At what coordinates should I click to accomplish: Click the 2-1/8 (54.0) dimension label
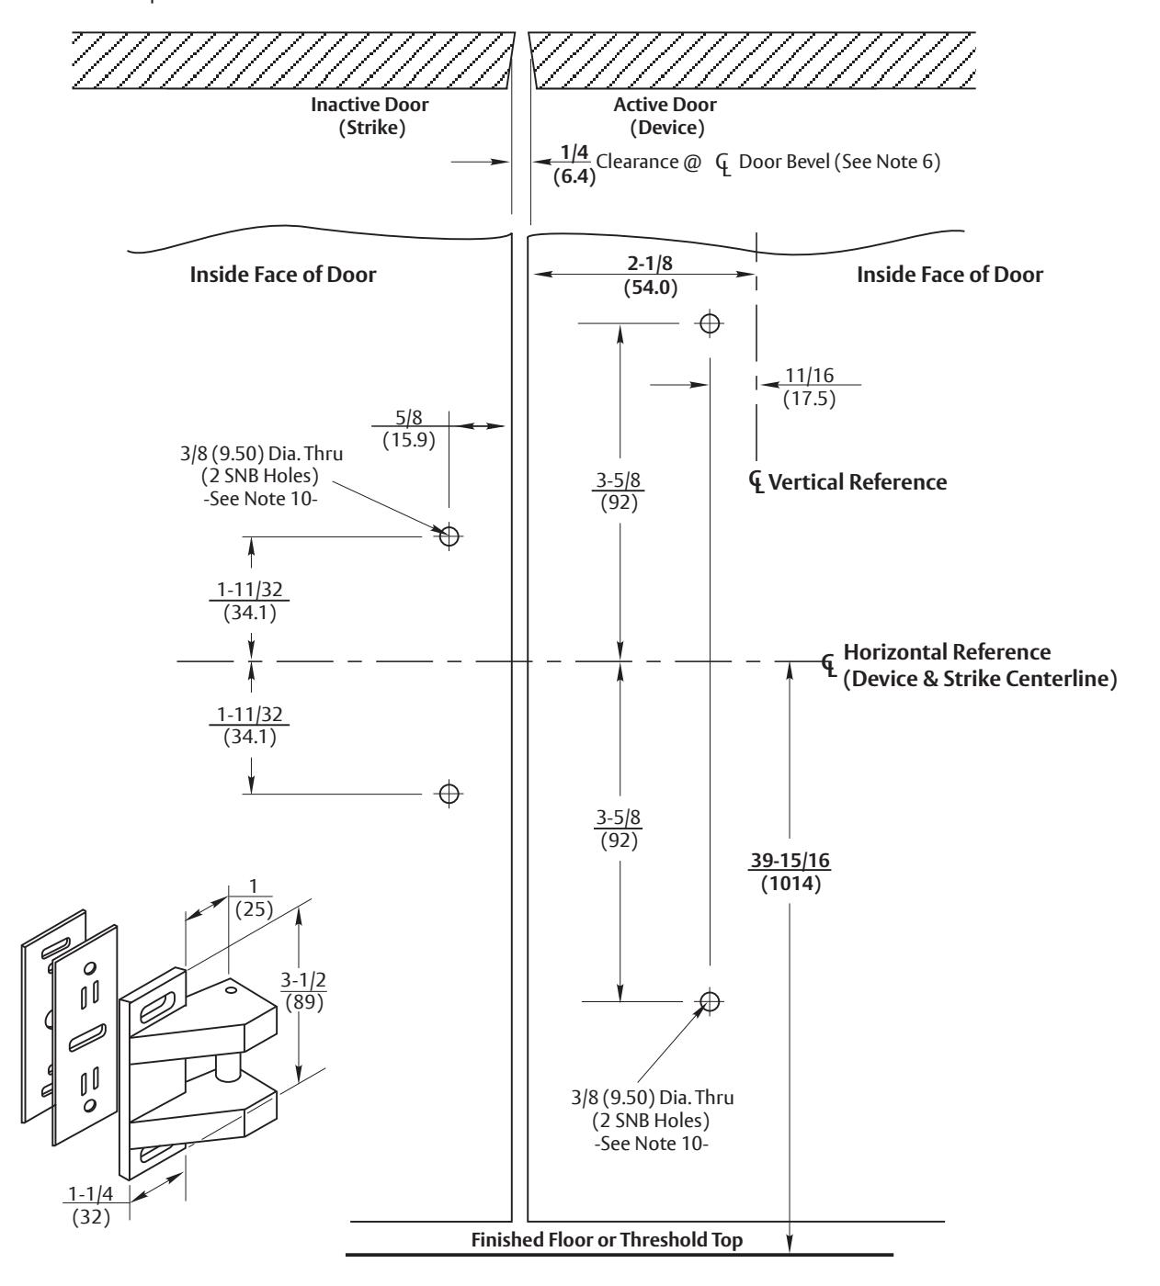(x=650, y=275)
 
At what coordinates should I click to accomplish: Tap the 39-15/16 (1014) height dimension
(x=790, y=872)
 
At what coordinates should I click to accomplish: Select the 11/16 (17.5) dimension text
(x=810, y=387)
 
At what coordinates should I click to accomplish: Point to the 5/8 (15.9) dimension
(x=409, y=429)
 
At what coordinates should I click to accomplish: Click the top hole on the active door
(x=710, y=323)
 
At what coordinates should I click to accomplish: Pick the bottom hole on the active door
(x=710, y=1000)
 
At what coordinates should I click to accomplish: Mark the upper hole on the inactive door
(x=449, y=536)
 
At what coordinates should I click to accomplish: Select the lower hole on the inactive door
(x=449, y=794)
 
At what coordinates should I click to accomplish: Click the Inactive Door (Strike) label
(x=370, y=116)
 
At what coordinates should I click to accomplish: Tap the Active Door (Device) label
(x=665, y=116)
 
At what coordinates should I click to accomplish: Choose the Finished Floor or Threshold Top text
(x=607, y=1239)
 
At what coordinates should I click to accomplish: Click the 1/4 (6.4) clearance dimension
(x=574, y=164)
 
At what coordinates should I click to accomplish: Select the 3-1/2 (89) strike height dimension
(x=303, y=990)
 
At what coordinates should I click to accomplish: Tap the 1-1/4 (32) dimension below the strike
(x=90, y=1204)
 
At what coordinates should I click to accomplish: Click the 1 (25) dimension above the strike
(x=254, y=898)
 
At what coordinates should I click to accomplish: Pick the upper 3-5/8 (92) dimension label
(x=619, y=491)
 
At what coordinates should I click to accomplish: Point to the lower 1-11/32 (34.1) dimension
(x=250, y=725)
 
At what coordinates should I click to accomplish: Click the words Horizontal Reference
(x=947, y=652)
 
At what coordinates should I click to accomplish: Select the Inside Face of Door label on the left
(x=283, y=275)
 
